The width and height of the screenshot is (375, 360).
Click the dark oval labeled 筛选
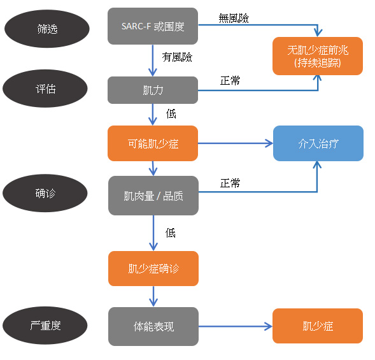coord(47,29)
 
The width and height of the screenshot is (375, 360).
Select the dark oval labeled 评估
coord(45,89)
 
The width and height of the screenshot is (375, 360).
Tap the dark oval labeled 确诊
coord(45,193)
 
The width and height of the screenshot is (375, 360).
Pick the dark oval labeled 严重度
coord(45,326)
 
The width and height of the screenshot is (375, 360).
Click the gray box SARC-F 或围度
coord(153,26)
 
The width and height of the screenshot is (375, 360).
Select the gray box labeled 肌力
coord(153,90)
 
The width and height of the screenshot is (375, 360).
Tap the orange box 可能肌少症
coord(153,143)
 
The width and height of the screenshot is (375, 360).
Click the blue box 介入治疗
coord(318,143)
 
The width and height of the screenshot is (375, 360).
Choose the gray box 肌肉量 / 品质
coord(153,196)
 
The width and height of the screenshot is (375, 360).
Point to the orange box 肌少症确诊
coord(153,268)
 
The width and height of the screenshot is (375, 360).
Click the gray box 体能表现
coord(153,326)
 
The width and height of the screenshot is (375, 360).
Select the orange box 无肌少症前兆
coord(318,56)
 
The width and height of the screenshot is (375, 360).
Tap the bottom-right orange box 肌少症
coord(318,326)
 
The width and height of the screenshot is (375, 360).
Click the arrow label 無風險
coord(234,18)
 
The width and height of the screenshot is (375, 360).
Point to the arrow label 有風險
coord(177,57)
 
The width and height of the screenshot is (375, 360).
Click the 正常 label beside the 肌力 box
coord(230,81)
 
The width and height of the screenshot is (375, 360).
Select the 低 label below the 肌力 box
coord(171,113)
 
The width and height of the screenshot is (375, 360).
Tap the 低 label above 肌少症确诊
coord(171,233)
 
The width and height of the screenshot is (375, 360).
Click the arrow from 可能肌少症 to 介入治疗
coord(236,143)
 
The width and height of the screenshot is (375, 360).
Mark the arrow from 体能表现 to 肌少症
coord(236,326)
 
